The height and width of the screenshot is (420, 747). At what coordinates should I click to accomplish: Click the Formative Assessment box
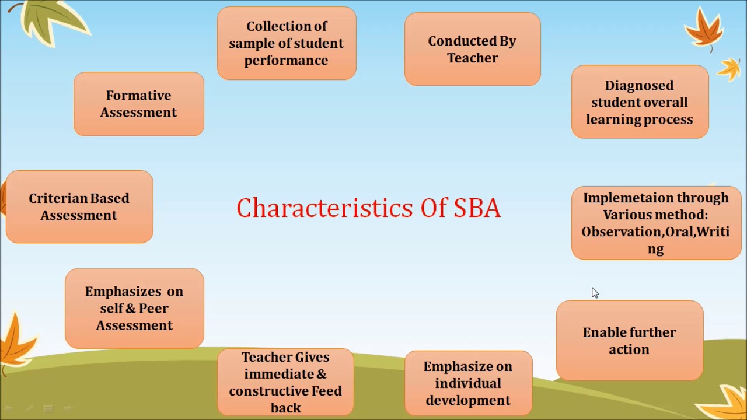point(139,104)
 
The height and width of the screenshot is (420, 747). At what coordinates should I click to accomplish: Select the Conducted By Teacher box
point(472,50)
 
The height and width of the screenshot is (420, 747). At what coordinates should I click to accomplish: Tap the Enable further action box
point(629,341)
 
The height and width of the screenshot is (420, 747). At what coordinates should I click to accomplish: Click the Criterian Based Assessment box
point(79,207)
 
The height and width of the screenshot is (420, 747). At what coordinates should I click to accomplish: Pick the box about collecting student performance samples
point(287,43)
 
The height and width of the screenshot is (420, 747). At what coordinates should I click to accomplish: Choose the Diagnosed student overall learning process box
point(640,102)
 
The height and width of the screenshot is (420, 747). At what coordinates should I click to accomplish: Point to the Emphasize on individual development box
point(468,383)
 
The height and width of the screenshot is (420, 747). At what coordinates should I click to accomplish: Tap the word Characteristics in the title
point(325,208)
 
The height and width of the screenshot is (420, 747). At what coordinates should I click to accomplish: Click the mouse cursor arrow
point(595,293)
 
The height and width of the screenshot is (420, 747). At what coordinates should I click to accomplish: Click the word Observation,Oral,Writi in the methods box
point(655,232)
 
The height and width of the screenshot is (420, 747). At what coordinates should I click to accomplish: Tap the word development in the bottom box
point(468,400)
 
